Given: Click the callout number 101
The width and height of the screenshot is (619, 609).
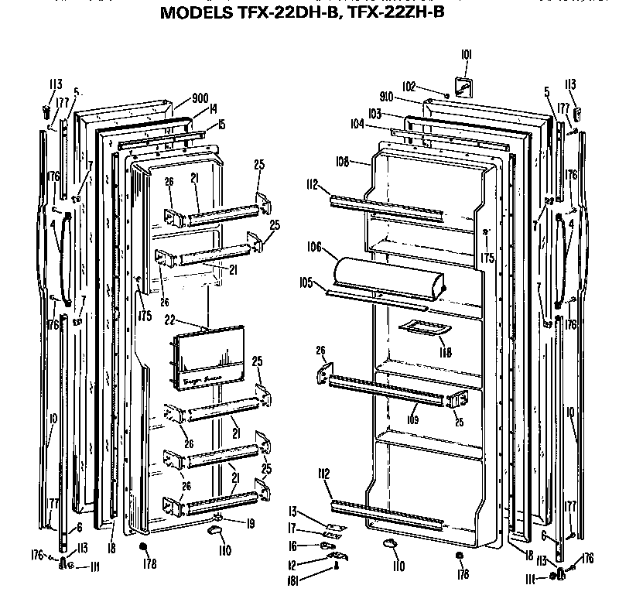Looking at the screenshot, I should (x=466, y=55).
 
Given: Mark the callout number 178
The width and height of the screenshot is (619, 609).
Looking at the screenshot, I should (x=149, y=564).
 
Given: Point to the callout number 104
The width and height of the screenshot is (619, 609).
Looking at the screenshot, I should (x=356, y=123).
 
